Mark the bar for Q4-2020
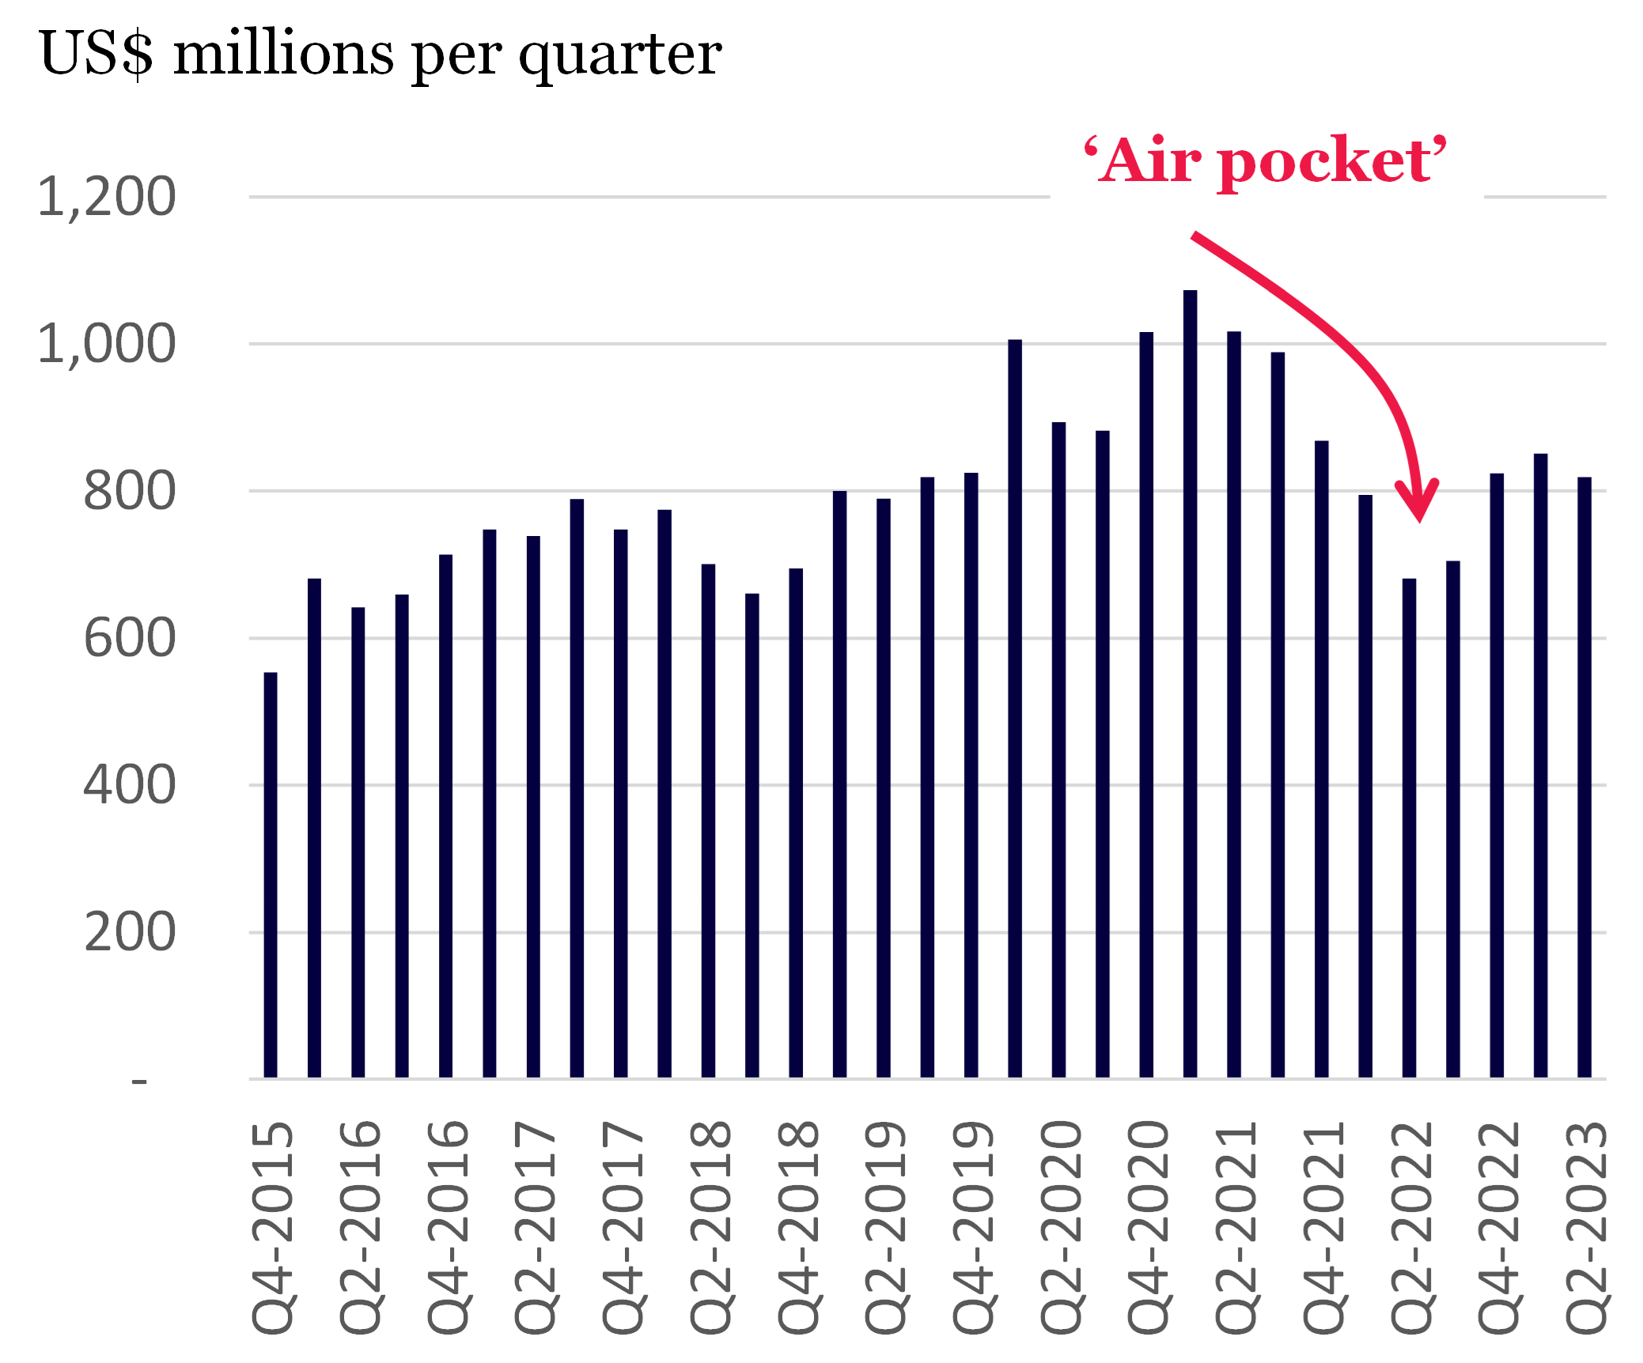(1146, 704)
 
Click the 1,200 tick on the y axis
(107, 197)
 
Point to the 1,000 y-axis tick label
(107, 345)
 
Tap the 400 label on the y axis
(130, 786)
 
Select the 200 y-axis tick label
(130, 933)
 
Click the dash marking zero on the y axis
(139, 1081)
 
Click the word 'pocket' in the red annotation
(1325, 161)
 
